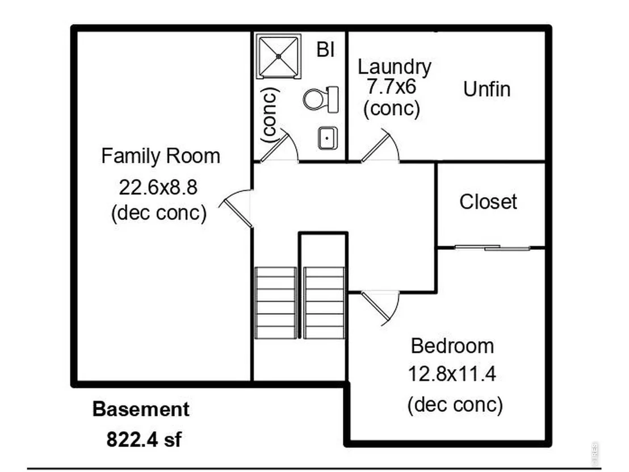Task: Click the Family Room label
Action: [161, 156]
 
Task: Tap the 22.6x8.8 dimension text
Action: [158, 187]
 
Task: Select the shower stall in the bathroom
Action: [278, 56]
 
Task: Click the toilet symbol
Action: [321, 99]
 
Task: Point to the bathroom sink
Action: [328, 138]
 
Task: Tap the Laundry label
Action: [395, 67]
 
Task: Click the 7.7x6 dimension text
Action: [392, 87]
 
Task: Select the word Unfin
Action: [487, 89]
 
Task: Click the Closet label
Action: [488, 202]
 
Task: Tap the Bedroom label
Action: [452, 346]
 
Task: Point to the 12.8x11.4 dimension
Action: [452, 374]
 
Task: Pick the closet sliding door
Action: [493, 248]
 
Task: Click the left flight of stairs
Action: [276, 303]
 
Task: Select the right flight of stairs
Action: [324, 303]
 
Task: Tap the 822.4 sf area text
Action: [144, 440]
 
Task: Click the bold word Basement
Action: [141, 410]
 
